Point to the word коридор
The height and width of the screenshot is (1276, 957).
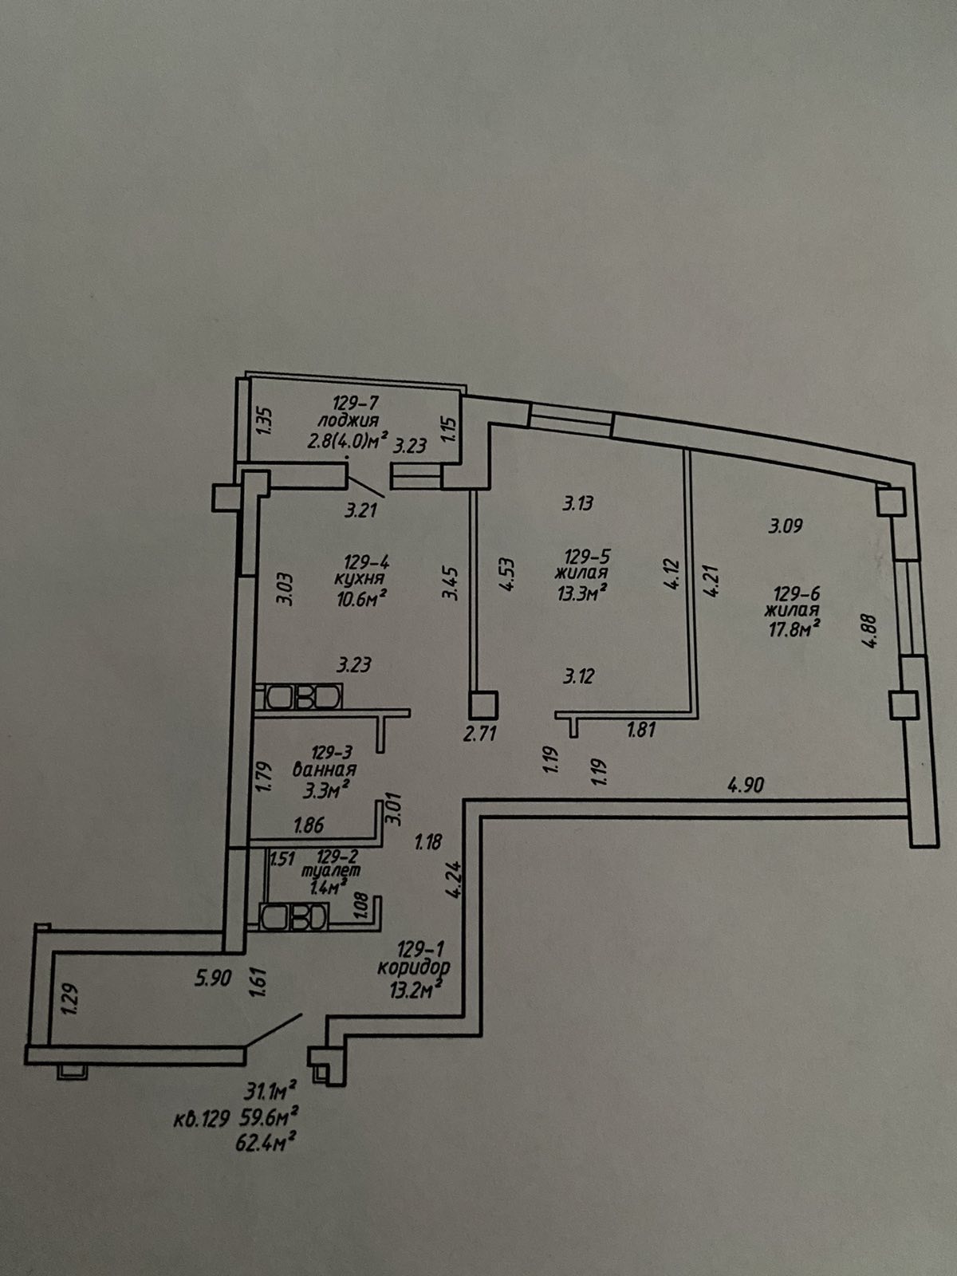click(414, 968)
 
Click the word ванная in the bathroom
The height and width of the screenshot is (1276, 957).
click(324, 770)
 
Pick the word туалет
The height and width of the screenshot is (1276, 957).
click(330, 872)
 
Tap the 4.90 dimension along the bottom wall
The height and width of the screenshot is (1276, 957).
click(745, 785)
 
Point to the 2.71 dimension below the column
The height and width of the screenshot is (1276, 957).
click(480, 732)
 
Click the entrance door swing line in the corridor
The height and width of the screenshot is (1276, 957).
click(273, 1030)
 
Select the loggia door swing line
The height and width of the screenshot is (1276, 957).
click(366, 486)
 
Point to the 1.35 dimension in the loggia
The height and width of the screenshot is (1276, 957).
click(267, 420)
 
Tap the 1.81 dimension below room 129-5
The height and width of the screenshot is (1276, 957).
click(640, 729)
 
